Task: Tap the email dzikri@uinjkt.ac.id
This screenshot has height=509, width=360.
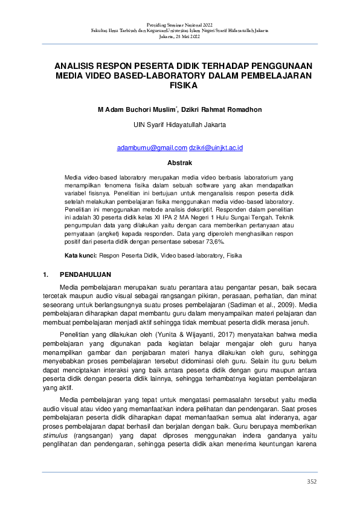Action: pyautogui.click(x=216, y=148)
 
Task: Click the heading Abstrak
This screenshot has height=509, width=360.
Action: pyautogui.click(x=179, y=163)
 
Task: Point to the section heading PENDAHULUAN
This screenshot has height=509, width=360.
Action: pyautogui.click(x=85, y=274)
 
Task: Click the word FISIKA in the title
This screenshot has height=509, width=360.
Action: pyautogui.click(x=179, y=86)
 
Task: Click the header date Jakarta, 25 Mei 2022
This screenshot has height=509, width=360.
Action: pyautogui.click(x=179, y=36)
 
